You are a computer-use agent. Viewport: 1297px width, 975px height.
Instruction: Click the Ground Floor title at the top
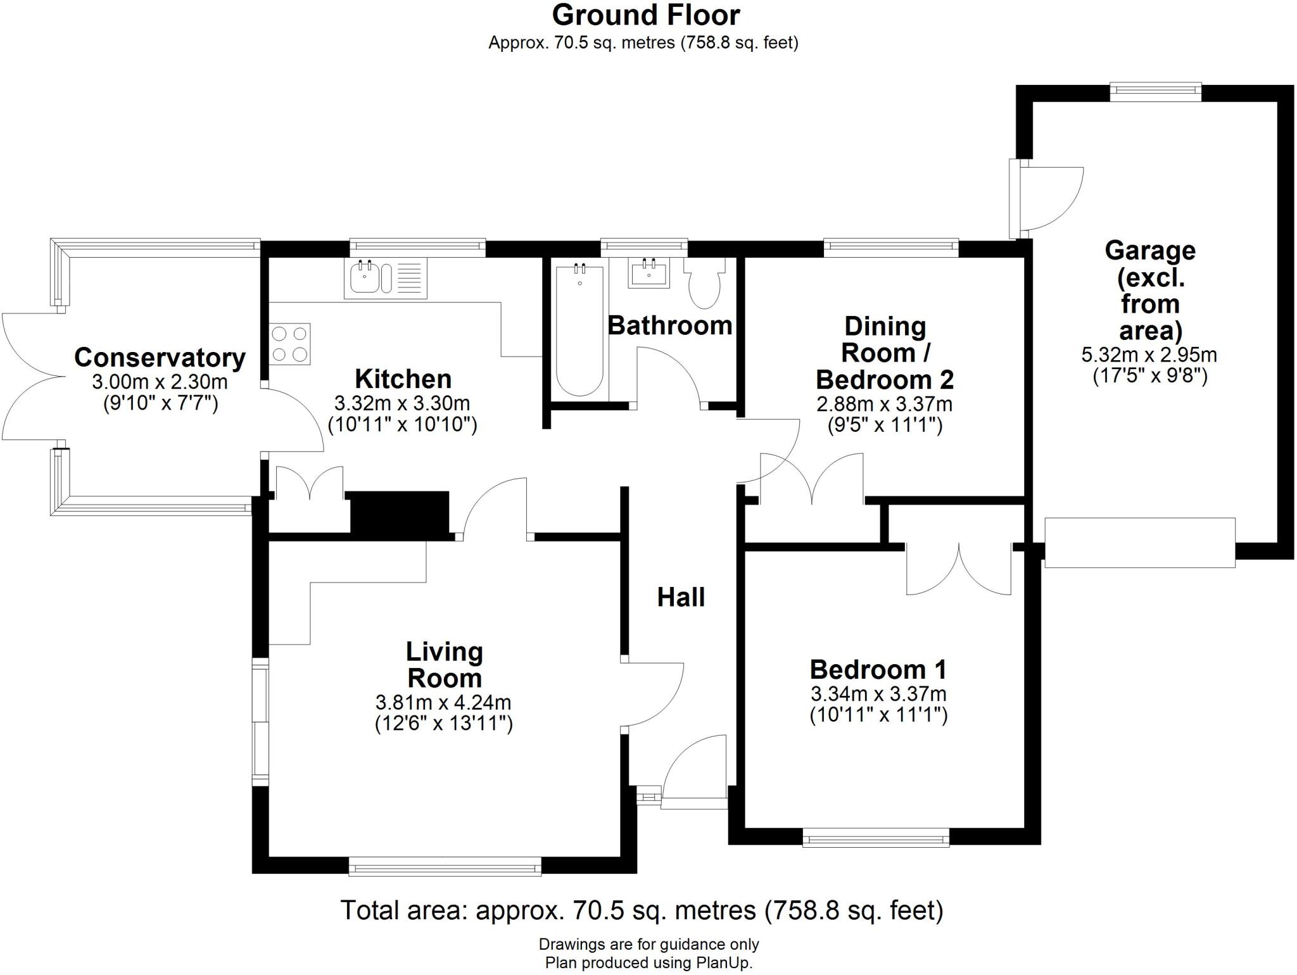click(645, 15)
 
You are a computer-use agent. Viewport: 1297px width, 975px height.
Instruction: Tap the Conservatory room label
click(160, 358)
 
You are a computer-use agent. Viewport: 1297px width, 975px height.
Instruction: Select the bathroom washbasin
click(648, 274)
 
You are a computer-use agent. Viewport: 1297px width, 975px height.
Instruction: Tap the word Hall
click(681, 598)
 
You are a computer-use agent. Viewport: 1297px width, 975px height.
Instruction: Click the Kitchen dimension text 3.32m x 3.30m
click(402, 403)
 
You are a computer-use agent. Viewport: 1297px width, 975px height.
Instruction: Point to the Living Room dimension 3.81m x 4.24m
click(443, 703)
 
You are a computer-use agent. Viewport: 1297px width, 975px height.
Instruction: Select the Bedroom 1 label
click(878, 670)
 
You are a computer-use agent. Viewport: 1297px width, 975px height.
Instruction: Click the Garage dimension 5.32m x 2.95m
click(1149, 355)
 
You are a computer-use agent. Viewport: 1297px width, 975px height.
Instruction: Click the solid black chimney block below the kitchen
click(400, 512)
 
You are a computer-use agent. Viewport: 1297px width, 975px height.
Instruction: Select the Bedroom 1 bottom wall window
click(876, 840)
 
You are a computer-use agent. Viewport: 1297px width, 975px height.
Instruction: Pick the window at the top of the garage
click(1156, 92)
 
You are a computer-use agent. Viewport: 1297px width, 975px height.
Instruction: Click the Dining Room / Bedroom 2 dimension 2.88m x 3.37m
click(884, 404)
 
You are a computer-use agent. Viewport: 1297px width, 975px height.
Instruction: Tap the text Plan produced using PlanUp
click(648, 964)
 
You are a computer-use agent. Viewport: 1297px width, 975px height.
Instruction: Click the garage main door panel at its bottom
click(1139, 543)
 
